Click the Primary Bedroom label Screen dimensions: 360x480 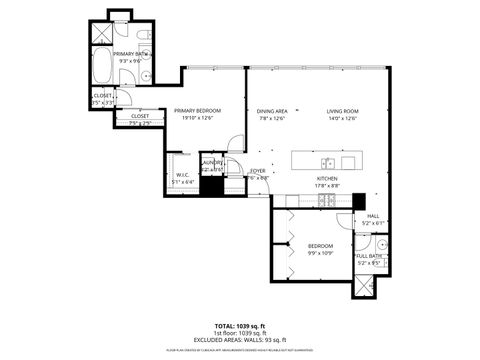(x=197, y=110)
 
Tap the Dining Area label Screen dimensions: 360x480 (x=272, y=110)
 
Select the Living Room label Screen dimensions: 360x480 (x=343, y=110)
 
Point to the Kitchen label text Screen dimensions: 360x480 (x=329, y=177)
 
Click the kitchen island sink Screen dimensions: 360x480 (x=327, y=162)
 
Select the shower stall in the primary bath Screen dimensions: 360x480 (x=100, y=30)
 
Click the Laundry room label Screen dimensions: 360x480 (x=213, y=166)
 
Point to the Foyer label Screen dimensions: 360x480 (x=257, y=171)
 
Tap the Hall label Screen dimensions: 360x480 (x=372, y=216)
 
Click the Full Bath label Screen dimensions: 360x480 (x=367, y=257)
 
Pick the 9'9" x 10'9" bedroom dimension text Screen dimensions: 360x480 (x=320, y=252)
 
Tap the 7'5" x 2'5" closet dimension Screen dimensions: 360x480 (x=140, y=124)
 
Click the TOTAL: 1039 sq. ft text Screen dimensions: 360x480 (x=240, y=325)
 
